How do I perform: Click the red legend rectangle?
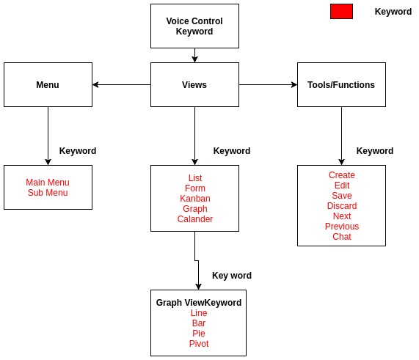pyautogui.click(x=341, y=11)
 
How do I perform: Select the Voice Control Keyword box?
pyautogui.click(x=194, y=26)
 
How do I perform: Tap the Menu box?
pyautogui.click(x=48, y=85)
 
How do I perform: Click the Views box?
pyautogui.click(x=194, y=85)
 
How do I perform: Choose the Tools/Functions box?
pyautogui.click(x=341, y=85)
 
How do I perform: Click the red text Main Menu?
pyautogui.click(x=48, y=183)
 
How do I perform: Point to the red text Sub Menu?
pyautogui.click(x=48, y=193)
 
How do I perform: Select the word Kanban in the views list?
pyautogui.click(x=195, y=199)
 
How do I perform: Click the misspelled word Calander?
pyautogui.click(x=195, y=219)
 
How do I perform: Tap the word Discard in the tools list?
pyautogui.click(x=342, y=206)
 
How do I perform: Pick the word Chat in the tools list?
pyautogui.click(x=342, y=237)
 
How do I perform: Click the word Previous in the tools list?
pyautogui.click(x=342, y=227)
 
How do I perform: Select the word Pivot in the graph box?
pyautogui.click(x=199, y=344)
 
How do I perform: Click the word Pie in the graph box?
pyautogui.click(x=199, y=334)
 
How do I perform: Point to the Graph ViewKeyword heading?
pyautogui.click(x=199, y=303)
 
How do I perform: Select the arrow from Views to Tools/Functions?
pyautogui.click(x=268, y=85)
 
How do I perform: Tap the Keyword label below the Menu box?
pyautogui.click(x=78, y=151)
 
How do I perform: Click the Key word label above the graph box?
pyautogui.click(x=232, y=276)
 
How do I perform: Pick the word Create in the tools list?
pyautogui.click(x=342, y=175)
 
